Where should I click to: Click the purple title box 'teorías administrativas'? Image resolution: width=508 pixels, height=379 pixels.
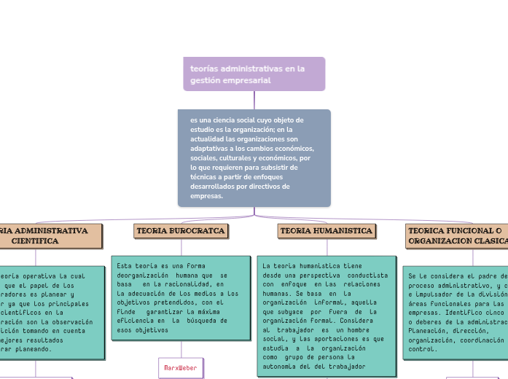[254, 74]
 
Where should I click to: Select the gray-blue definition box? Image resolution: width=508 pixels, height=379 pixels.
[254, 157]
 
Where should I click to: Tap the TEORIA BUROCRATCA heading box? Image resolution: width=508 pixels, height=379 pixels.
[181, 231]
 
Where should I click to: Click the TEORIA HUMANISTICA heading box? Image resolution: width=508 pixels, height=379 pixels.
[326, 231]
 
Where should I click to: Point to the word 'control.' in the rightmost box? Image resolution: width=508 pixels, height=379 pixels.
[423, 349]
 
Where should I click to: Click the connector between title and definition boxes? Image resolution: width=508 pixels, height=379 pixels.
[254, 100]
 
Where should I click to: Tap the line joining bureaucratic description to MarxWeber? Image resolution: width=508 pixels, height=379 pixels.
[180, 348]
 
